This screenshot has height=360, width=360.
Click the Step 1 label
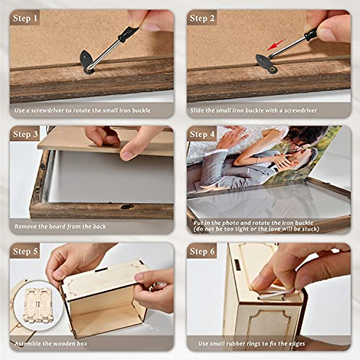click(x=25, y=18)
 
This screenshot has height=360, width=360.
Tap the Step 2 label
click(x=202, y=18)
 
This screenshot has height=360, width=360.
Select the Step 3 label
click(x=25, y=134)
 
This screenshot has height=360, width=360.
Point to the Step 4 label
click(x=202, y=134)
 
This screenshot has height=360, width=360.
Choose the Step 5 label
click(x=25, y=251)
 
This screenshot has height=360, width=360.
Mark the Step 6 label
click(x=202, y=251)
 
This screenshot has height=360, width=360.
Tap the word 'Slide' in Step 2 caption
click(x=197, y=110)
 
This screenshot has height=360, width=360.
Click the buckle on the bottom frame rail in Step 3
click(x=127, y=207)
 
